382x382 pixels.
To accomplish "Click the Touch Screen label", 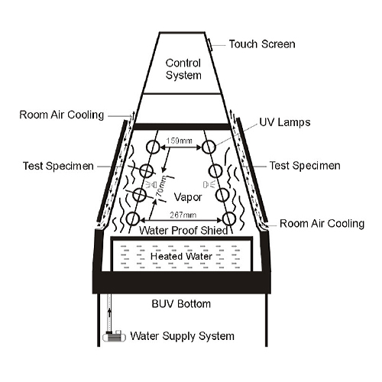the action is tap(262, 44).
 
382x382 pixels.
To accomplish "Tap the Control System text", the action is tap(183, 69).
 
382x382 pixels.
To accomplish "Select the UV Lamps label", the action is tap(285, 122).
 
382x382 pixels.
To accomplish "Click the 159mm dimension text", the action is tap(180, 141).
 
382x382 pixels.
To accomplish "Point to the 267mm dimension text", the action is tap(183, 215).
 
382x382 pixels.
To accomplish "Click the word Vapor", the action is tap(188, 197).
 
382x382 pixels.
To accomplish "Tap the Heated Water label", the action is tap(181, 256).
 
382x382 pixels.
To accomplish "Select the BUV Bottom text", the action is tap(181, 304).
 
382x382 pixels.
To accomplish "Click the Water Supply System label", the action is tap(182, 336).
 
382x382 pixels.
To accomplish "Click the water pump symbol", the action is tap(114, 336).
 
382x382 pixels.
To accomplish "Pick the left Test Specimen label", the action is tap(58, 166).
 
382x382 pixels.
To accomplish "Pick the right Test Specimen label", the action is tap(305, 166).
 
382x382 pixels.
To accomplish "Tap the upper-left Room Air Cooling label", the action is tap(62, 115).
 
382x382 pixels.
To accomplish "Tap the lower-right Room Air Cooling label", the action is tap(322, 224).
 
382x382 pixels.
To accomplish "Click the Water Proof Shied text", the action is tap(183, 231).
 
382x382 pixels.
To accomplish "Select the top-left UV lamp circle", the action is tap(153, 147).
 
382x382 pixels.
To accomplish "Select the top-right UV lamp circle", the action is tap(209, 147).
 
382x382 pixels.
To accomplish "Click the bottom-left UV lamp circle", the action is tap(133, 219).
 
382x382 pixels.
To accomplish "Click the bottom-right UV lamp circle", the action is tap(229, 219).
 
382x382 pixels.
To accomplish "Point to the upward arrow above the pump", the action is tap(110, 315).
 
